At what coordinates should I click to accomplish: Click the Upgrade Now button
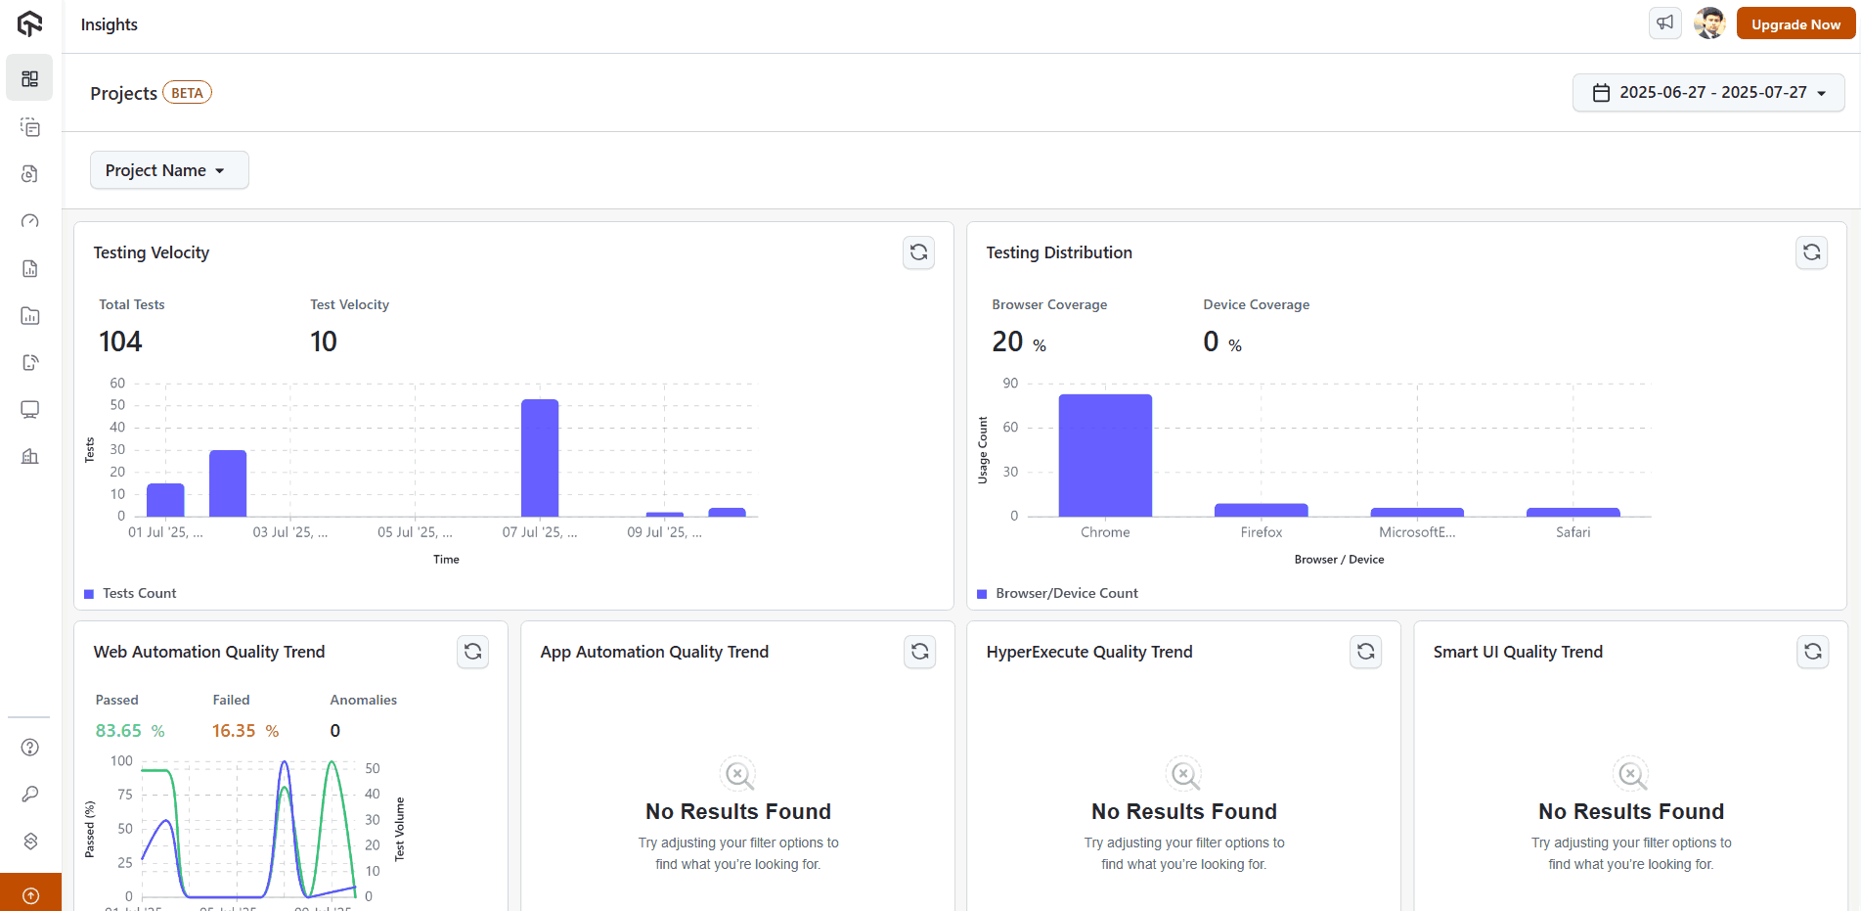(1795, 24)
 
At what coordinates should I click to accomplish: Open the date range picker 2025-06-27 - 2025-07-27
(1708, 93)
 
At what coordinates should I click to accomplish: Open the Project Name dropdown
(169, 170)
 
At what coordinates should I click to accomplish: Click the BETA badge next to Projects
(187, 93)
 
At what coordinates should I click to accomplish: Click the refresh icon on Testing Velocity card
(918, 252)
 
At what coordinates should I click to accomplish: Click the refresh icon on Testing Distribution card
(1811, 252)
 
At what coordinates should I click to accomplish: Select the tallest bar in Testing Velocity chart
(540, 458)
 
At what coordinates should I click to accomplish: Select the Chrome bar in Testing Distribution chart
(1105, 455)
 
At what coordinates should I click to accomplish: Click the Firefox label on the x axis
(1261, 532)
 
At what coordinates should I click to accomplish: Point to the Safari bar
(1573, 512)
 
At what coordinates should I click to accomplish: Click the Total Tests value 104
(120, 342)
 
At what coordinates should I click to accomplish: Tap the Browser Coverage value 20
(1007, 342)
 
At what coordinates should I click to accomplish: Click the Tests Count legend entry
(139, 593)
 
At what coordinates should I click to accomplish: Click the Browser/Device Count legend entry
(1066, 593)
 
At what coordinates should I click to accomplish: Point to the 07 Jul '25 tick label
(539, 532)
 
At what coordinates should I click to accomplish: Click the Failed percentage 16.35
(234, 731)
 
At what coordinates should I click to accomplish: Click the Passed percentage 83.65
(118, 731)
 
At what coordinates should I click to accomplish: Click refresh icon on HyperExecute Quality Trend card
(1365, 652)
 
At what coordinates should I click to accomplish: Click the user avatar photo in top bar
(1709, 23)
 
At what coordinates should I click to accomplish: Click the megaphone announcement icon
(1664, 23)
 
